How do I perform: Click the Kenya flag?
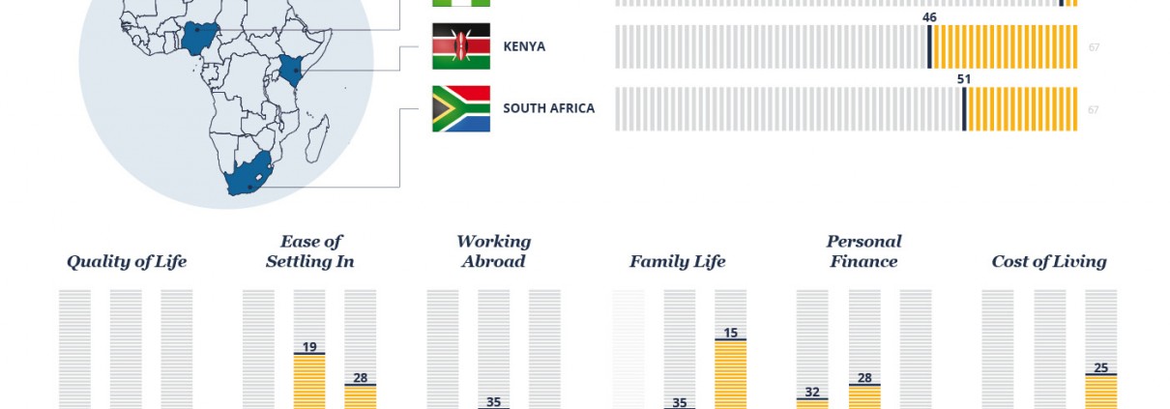[461, 46]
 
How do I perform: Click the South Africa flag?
[461, 108]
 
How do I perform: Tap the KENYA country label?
[524, 46]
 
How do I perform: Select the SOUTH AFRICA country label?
[548, 108]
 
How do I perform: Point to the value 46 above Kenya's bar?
[929, 17]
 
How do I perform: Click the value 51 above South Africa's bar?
[964, 79]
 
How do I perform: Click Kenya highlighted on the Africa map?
[291, 71]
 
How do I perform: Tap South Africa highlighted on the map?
[249, 175]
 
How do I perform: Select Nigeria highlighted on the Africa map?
[199, 38]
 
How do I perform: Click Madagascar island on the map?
[317, 139]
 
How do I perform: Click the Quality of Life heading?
[127, 261]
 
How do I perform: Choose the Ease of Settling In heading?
[310, 251]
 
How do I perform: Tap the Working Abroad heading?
[493, 251]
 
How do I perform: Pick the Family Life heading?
[678, 261]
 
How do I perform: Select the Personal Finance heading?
[863, 251]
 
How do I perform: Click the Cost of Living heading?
[1049, 261]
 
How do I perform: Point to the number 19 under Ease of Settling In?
[309, 347]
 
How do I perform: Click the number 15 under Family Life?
[730, 333]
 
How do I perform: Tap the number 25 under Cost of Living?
[1100, 367]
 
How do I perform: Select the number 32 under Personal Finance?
[811, 393]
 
